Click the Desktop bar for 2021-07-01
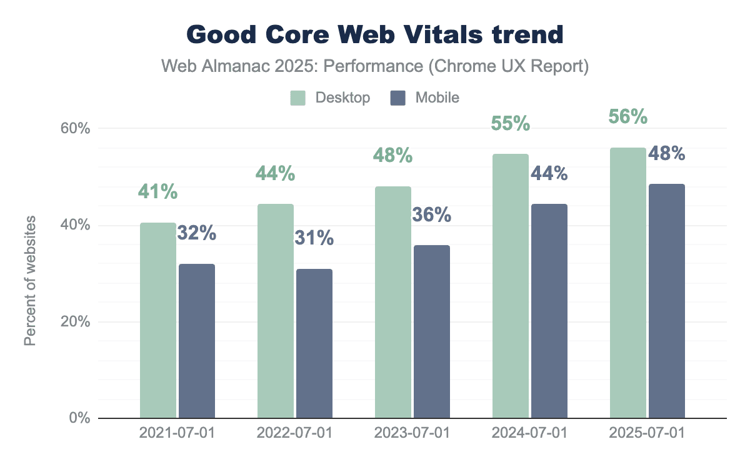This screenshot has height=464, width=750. coord(158,320)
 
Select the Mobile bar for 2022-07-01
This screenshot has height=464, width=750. coord(314,343)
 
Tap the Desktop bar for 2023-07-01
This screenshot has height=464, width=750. coord(393,302)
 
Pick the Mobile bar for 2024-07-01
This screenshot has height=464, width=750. coord(549,311)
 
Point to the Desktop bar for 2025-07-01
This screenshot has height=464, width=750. coord(628,283)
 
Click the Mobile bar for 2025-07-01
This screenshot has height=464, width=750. coord(667,301)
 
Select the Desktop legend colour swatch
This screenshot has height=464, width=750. coord(297,98)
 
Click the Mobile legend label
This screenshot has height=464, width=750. coord(437,98)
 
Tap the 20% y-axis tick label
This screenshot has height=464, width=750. coord(76,322)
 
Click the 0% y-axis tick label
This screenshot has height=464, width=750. coord(79,418)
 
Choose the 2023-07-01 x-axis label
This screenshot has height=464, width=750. coord(412,433)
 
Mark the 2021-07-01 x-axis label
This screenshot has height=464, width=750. coord(177,433)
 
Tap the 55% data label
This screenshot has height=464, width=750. coord(510,123)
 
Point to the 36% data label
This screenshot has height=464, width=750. coord(431,215)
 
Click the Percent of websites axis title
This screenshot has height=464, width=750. coord(30,281)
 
